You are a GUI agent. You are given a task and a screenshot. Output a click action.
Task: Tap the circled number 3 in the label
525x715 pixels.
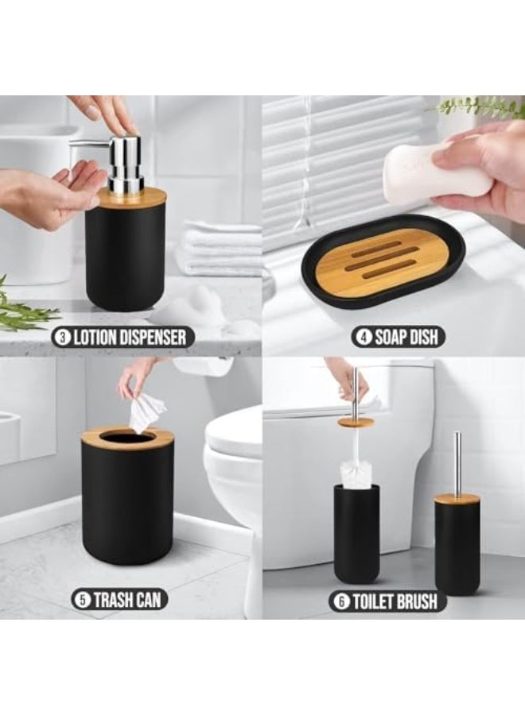61,337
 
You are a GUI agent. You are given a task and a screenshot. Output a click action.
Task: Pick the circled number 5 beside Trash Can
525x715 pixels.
83,600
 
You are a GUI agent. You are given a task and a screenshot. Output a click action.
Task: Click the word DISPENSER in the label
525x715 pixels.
151,337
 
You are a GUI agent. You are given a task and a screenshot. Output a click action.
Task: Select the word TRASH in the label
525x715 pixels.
111,600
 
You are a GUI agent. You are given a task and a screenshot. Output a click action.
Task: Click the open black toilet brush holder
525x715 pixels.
356,534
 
